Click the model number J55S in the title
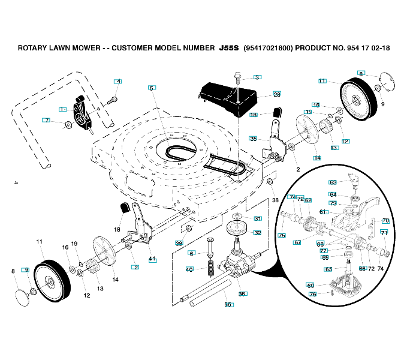(228, 47)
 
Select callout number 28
(276, 94)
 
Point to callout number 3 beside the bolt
(257, 77)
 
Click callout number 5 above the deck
(152, 88)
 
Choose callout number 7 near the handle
(46, 120)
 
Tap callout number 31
(258, 218)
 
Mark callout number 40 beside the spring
(189, 269)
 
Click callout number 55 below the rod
(227, 305)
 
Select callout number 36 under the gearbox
(242, 294)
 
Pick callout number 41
(152, 259)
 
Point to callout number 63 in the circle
(333, 182)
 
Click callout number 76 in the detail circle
(312, 294)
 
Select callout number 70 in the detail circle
(385, 221)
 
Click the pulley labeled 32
(239, 229)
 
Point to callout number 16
(65, 247)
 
